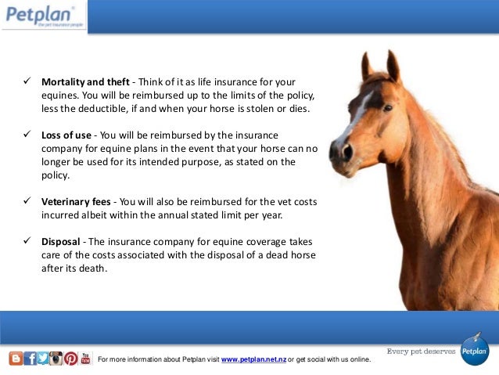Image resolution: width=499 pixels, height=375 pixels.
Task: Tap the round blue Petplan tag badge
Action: click(474, 351)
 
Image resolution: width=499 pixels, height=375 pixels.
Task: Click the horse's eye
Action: click(387, 108)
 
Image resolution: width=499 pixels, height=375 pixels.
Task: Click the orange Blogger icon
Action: click(16, 359)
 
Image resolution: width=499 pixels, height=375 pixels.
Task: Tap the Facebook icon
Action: click(30, 359)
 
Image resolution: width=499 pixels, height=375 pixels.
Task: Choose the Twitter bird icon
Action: click(42, 359)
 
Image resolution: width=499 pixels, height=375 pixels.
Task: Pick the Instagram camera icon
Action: click(56, 359)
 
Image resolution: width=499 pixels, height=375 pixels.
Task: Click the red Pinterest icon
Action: click(70, 359)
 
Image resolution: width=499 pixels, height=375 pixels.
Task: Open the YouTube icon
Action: click(85, 359)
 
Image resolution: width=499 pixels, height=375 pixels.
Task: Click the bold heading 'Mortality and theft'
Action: click(85, 82)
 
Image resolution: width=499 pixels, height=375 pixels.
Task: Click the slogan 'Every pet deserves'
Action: click(421, 352)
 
